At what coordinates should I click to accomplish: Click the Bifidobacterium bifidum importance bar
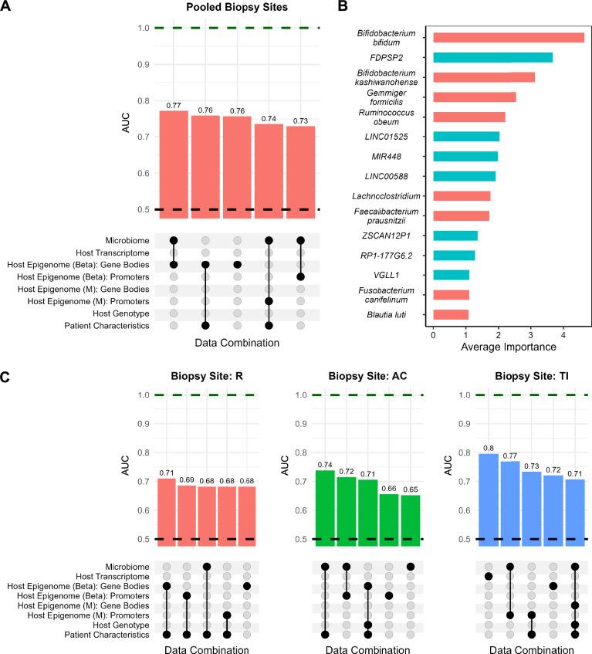(x=508, y=37)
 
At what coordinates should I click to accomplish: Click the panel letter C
(x=6, y=378)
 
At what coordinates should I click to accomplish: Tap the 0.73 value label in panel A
(x=300, y=121)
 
